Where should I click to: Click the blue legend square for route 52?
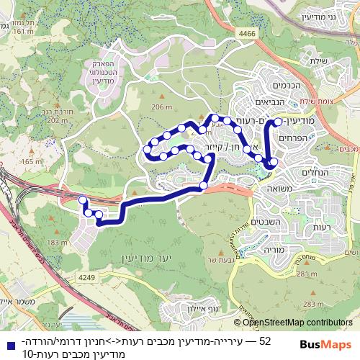pos(8,340)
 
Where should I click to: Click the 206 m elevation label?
pos(163,107)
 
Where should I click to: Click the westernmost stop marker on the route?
pos(82,200)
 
